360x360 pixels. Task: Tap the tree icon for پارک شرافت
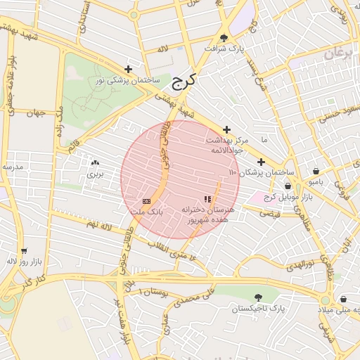click(224, 38)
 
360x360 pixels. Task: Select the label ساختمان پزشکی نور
click(129, 81)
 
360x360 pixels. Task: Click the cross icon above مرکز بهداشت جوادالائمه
click(226, 129)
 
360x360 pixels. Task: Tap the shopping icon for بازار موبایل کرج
click(288, 186)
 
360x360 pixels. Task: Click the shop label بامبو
click(316, 181)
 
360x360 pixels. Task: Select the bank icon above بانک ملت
click(146, 200)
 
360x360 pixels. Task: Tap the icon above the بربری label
click(94, 162)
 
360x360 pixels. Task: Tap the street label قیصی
click(270, 212)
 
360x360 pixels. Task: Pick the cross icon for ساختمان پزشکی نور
click(128, 69)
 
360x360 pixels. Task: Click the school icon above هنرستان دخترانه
click(207, 199)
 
